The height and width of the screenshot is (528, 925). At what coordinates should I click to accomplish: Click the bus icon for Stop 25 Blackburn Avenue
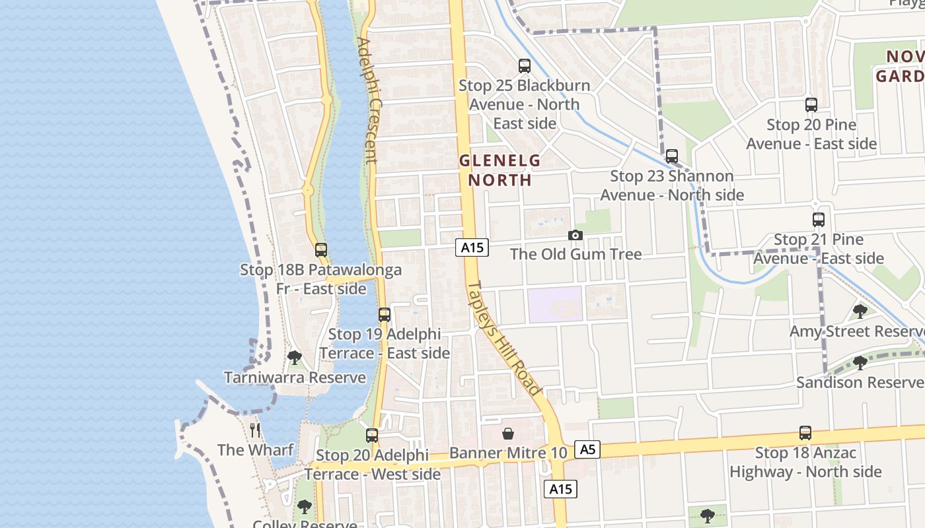pos(525,66)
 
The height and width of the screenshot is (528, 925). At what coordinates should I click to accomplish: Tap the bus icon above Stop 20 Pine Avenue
pos(811,105)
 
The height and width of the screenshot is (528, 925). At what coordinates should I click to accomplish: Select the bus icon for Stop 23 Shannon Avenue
pos(672,156)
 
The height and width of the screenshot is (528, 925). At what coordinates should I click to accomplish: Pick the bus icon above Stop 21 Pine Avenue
pos(819,220)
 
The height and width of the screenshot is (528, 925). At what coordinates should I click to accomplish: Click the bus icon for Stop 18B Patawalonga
pos(321,250)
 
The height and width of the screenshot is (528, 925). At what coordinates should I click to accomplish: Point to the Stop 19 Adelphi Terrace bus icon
pos(385,315)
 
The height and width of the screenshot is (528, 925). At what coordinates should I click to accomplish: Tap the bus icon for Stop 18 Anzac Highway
pos(805,433)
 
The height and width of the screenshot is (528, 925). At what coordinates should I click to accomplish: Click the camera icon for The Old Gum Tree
pos(575,236)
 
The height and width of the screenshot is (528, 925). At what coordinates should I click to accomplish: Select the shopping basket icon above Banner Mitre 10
pos(508,434)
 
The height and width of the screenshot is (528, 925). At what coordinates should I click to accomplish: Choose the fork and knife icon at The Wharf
pos(256,431)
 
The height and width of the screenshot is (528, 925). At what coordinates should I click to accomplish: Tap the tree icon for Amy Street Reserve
pos(860,312)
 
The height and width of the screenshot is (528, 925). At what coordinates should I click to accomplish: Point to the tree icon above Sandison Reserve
pos(860,362)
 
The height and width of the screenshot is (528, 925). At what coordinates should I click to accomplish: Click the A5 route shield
pos(587,450)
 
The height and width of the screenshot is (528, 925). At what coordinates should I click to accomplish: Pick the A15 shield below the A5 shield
pos(560,489)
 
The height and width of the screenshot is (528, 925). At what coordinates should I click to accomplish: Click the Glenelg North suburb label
pos(499,170)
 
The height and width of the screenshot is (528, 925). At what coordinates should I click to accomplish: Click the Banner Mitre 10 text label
pos(508,453)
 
